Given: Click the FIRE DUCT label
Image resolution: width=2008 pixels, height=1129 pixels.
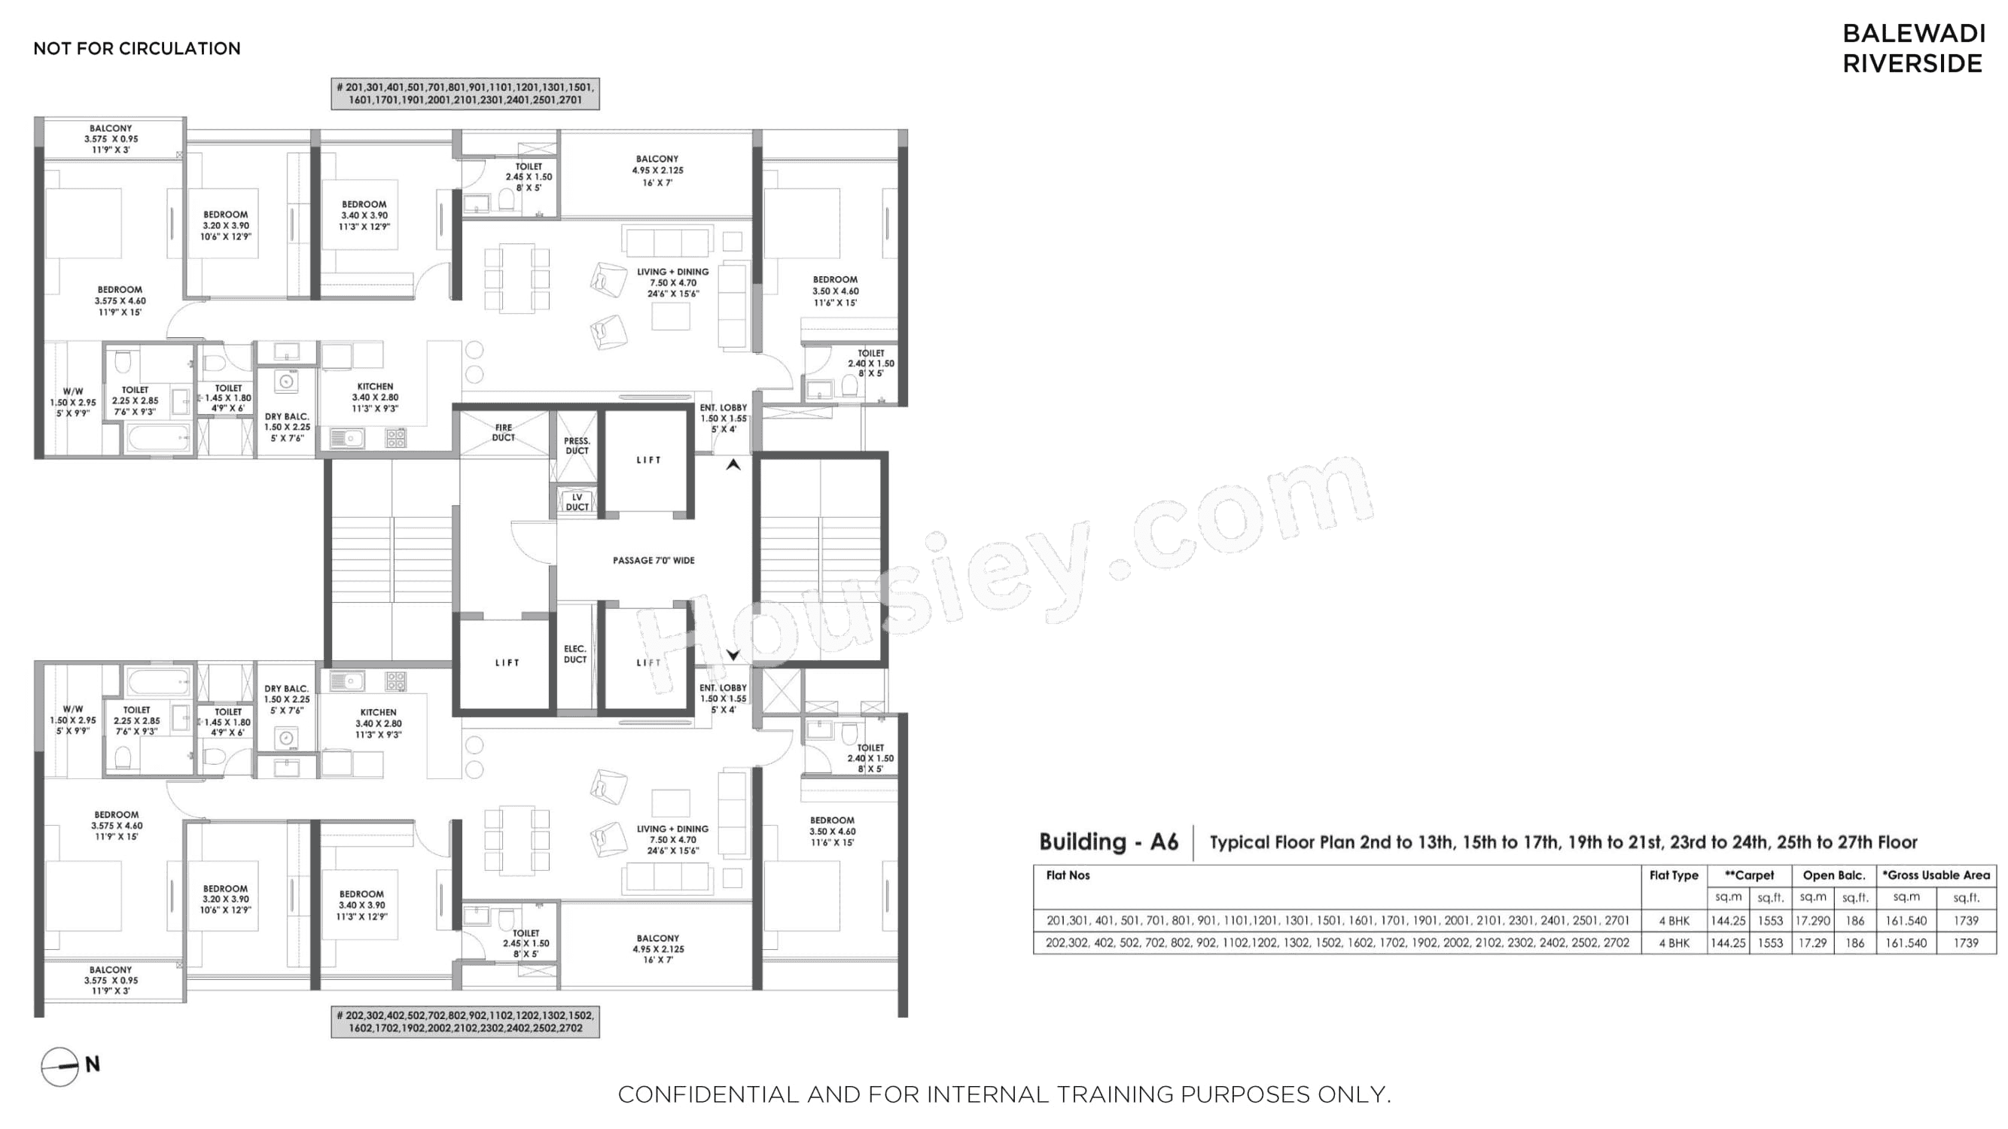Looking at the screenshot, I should click(504, 433).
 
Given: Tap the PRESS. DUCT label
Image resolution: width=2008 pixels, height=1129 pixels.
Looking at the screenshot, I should click(577, 446).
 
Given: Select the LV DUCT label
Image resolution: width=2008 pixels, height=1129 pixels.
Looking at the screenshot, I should click(577, 502).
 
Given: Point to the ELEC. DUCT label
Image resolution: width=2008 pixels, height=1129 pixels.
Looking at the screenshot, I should click(575, 654).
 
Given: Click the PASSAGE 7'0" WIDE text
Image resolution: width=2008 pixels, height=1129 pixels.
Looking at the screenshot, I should click(654, 560).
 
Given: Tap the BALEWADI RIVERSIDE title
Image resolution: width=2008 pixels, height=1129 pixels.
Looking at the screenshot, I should click(1913, 48).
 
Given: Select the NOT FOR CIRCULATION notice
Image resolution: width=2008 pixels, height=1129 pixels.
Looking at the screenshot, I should click(137, 48).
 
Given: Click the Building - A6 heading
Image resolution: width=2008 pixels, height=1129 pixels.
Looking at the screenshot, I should click(1108, 841).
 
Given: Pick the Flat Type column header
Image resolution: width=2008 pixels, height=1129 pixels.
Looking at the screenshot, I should click(1674, 875).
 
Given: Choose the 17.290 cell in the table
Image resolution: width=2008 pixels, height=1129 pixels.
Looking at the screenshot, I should click(1812, 921).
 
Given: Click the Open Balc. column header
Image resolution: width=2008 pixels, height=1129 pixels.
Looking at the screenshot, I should click(1833, 875).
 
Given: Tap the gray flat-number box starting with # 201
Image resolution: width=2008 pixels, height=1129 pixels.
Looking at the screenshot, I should click(465, 93).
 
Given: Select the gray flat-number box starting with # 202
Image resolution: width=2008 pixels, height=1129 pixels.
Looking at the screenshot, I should click(465, 1021).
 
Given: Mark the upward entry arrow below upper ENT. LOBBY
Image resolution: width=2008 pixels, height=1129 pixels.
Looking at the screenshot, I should click(733, 464).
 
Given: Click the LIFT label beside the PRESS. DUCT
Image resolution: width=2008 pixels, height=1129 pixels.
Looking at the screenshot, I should click(648, 460).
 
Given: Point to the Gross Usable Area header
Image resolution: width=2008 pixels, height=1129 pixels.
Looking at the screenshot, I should click(1937, 875).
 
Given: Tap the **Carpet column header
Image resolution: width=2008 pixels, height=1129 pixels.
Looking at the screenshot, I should click(1749, 875).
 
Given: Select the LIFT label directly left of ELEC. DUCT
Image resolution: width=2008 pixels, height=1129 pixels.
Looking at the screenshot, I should click(507, 663).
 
